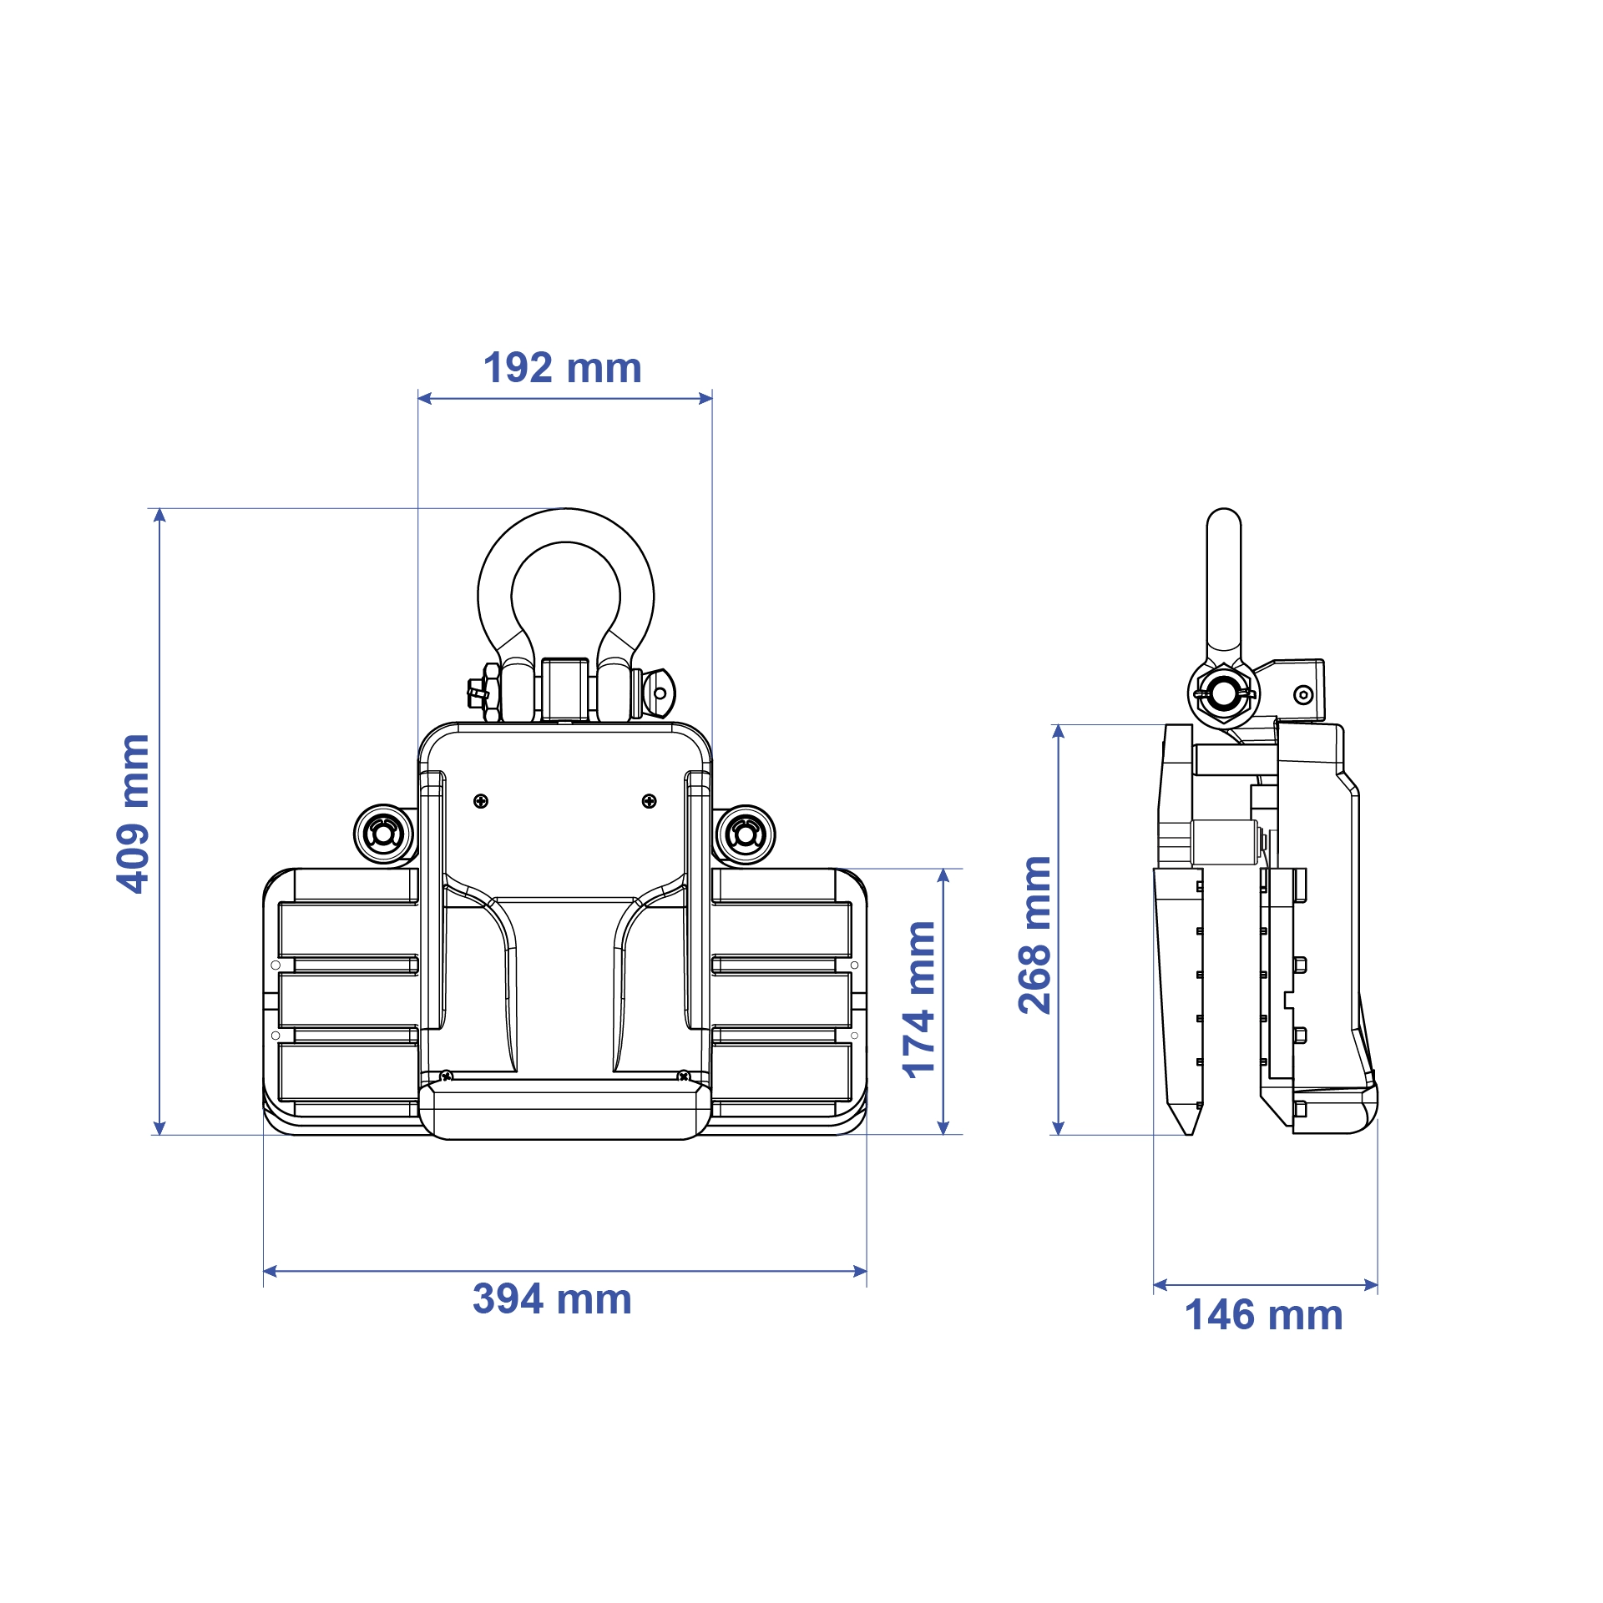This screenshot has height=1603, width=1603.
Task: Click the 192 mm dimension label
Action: pos(563,368)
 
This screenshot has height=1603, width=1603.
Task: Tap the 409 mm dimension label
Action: pos(134,814)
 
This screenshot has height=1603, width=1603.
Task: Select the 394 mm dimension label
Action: pos(553,1299)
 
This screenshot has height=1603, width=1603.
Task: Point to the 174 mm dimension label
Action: pos(920,1000)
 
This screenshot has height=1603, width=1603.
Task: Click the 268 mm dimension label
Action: pos(1035,935)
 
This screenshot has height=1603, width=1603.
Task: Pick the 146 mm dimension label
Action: pos(1264,1315)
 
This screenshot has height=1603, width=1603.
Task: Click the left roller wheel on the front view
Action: pos(384,834)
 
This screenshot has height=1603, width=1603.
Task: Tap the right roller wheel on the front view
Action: pos(745,834)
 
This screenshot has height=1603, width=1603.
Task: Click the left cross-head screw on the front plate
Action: pos(481,801)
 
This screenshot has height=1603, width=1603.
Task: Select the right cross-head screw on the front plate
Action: pos(650,801)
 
